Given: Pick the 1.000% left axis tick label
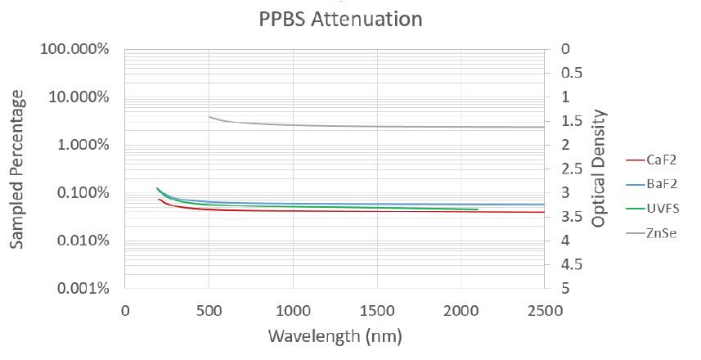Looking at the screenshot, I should point(82,146).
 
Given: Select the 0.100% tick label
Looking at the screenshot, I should point(82,193).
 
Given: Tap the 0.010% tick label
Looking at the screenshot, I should point(82,241).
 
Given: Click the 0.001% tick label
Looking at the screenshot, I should point(82,289).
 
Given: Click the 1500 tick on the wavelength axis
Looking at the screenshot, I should point(376,311).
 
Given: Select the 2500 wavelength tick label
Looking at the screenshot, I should point(544,311).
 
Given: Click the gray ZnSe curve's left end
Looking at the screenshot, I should point(209,116).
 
